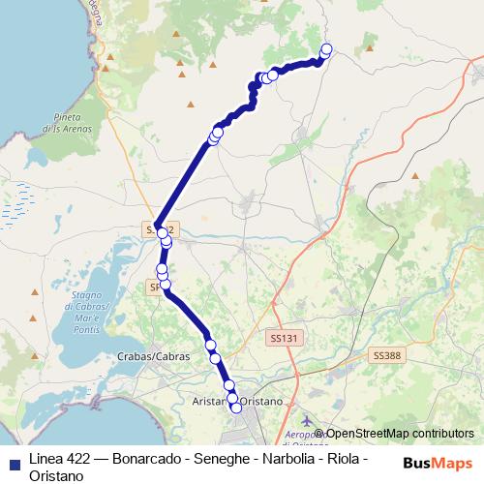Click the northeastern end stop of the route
(325, 49)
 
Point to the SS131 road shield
(281, 337)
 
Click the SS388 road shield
(386, 356)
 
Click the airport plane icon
(308, 421)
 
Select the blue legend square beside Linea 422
(14, 459)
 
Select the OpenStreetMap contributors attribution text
(400, 435)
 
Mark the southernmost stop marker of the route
(236, 408)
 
